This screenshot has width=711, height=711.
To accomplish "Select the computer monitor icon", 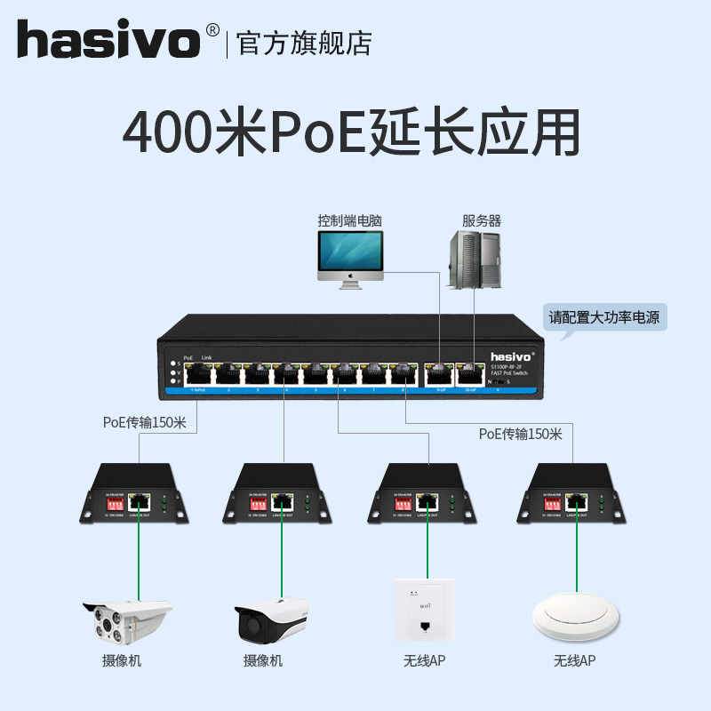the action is coord(350,257).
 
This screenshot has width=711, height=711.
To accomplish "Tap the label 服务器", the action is coord(481,220).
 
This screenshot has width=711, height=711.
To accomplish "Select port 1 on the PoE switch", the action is coord(198,374).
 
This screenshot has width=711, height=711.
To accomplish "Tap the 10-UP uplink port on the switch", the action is coord(468,374).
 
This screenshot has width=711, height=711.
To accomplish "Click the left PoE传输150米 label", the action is coord(144,423).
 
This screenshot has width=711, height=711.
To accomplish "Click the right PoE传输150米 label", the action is coord(520,434).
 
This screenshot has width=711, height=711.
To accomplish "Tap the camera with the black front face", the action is coord(272,621).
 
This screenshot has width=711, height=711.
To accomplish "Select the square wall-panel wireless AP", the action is coord(424,612).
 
